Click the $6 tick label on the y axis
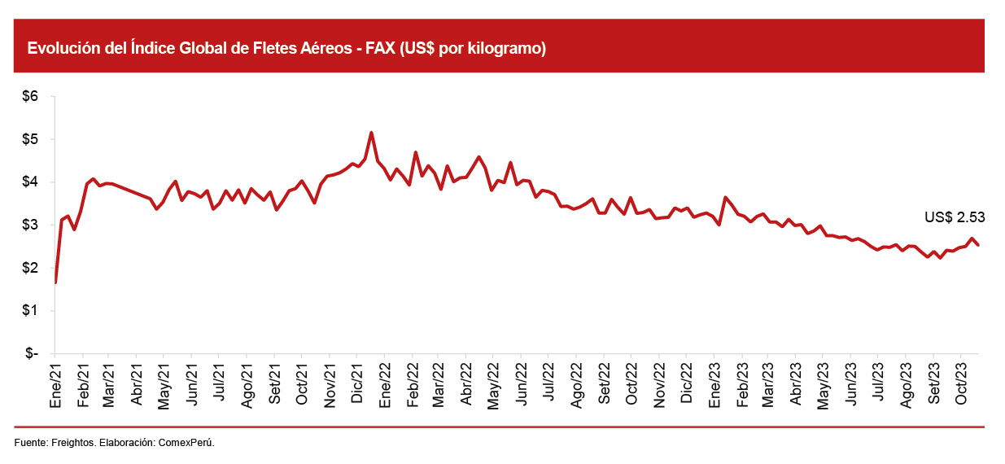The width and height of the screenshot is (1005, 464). coord(29,96)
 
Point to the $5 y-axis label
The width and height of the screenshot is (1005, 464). coord(29,139)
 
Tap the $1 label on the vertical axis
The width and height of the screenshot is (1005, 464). coord(29,311)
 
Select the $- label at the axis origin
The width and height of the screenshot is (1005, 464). coord(31,354)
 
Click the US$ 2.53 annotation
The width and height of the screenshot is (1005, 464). coord(955,217)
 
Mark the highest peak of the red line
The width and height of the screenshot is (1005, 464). coord(371,133)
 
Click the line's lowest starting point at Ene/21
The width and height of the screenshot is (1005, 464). coord(55,282)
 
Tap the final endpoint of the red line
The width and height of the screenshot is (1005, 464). coord(978,245)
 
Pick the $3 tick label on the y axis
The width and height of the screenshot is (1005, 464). coord(29,225)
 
